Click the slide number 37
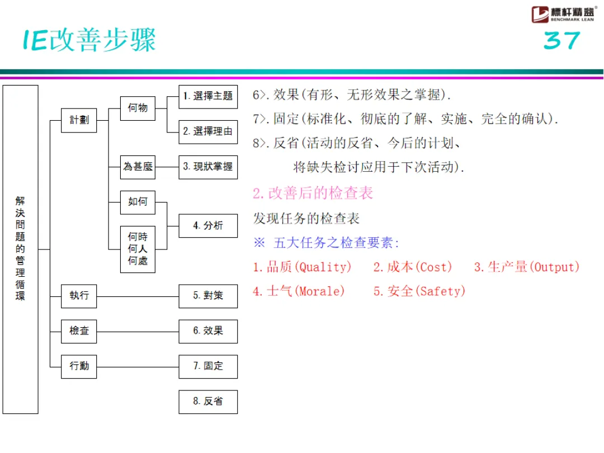click(561, 41)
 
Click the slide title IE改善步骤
click(89, 40)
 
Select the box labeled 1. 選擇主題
click(208, 96)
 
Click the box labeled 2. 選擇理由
click(208, 132)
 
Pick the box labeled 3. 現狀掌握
click(208, 167)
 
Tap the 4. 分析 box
click(208, 225)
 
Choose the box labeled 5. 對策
click(208, 295)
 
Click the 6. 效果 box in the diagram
click(208, 331)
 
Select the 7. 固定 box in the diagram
click(208, 366)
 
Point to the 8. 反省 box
click(208, 402)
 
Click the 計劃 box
click(79, 120)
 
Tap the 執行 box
click(79, 295)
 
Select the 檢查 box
click(79, 331)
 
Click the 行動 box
click(79, 366)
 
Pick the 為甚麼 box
click(138, 167)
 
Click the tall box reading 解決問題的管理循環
click(21, 249)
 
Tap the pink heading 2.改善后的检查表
click(313, 194)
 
